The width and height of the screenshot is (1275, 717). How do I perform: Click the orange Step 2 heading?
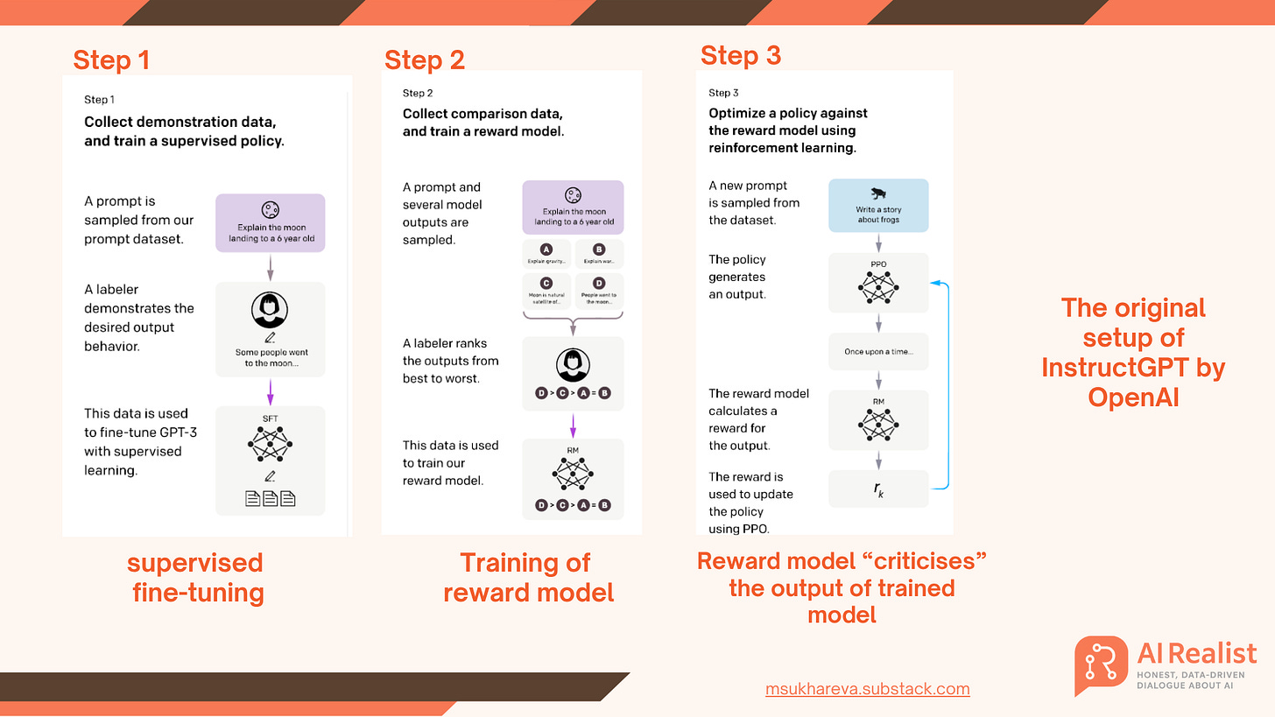click(424, 60)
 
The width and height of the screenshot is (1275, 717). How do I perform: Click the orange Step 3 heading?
click(740, 55)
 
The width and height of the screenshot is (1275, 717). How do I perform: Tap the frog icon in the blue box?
click(877, 193)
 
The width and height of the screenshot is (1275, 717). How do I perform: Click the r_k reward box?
click(878, 489)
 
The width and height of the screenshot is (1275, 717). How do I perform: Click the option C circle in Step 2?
click(546, 284)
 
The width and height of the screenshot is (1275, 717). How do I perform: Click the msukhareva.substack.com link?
click(867, 688)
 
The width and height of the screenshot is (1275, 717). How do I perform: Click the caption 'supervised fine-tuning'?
click(197, 577)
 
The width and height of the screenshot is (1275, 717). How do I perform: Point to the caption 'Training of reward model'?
click(527, 577)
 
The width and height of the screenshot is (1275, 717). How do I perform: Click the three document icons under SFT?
click(270, 499)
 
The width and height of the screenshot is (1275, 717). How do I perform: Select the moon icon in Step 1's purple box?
click(270, 209)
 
